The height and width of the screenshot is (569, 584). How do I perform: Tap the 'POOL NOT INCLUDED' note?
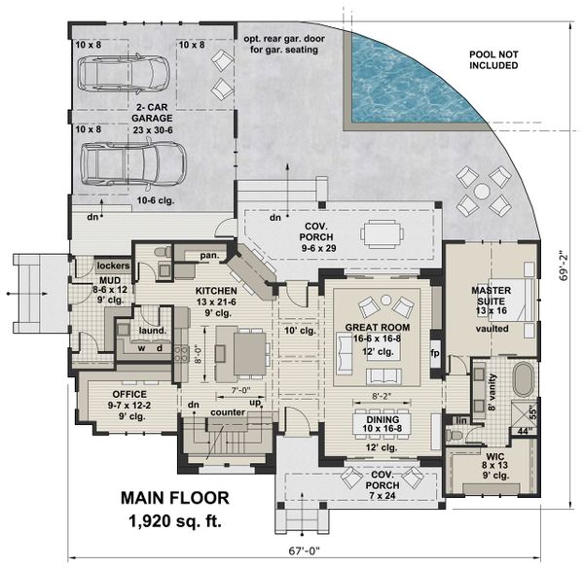coord(493,60)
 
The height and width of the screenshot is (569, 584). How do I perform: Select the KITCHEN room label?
coord(216,291)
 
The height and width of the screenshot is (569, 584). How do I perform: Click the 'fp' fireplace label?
coord(435,353)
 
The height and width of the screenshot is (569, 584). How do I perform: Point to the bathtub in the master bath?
coord(524,380)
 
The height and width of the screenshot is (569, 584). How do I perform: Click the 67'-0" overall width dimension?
coord(304,551)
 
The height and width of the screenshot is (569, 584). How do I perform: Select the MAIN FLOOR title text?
coord(175,498)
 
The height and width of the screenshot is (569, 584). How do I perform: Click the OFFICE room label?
coord(129,394)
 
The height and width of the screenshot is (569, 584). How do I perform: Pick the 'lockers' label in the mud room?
coord(113,266)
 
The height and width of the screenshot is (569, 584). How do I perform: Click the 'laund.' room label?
coord(153,331)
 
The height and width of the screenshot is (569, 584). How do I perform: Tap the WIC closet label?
coord(495,456)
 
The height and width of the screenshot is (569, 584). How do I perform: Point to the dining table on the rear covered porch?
coord(383,234)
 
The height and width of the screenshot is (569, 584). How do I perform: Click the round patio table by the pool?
coord(482,192)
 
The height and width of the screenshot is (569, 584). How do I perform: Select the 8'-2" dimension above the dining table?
coord(383,396)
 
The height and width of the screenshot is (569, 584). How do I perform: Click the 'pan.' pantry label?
coord(209,256)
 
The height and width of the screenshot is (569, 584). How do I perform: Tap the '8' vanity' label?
coord(493,392)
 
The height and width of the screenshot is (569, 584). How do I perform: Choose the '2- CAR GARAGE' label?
coord(152,113)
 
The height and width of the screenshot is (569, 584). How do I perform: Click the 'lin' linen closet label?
coord(461,420)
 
